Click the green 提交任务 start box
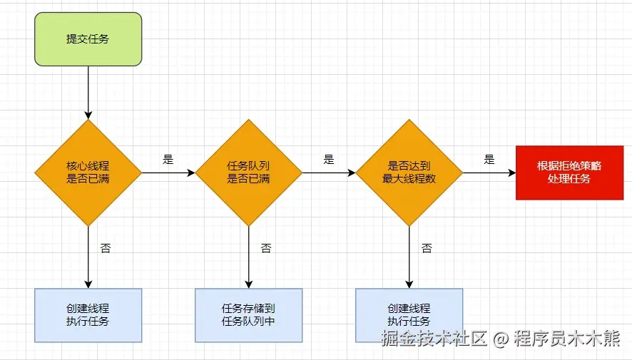88,39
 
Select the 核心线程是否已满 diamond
88,173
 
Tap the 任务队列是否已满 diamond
248,173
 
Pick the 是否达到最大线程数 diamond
409,173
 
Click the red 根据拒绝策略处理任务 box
569,173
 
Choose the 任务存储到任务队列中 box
248,315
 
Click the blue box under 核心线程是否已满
88,315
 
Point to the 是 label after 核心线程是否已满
168,160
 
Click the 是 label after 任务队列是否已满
328,160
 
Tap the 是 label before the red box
489,160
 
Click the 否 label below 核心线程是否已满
106,249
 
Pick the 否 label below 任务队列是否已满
265,249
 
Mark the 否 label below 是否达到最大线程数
426,249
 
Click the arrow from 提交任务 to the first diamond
88,93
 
